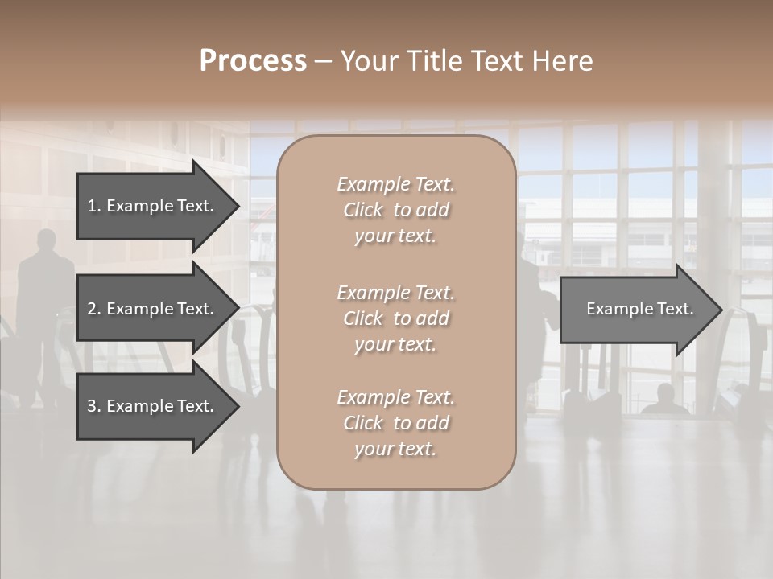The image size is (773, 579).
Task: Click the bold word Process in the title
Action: coord(253,61)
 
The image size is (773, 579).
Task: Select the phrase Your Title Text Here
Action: coord(466,61)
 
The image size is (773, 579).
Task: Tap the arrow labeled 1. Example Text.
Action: coord(153,206)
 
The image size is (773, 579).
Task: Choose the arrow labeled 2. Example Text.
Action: coord(153,309)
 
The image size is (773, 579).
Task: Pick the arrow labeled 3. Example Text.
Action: coord(153,406)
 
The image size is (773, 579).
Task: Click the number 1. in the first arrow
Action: coord(94,206)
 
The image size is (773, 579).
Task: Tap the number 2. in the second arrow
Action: coord(94,309)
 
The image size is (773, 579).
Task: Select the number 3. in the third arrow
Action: coord(94,406)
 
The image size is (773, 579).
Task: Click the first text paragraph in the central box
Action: coord(395,210)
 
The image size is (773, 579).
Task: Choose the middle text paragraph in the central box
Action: coord(395,318)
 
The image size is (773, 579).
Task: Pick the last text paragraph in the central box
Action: coord(395,423)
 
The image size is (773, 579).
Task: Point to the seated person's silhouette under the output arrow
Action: coord(664,400)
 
